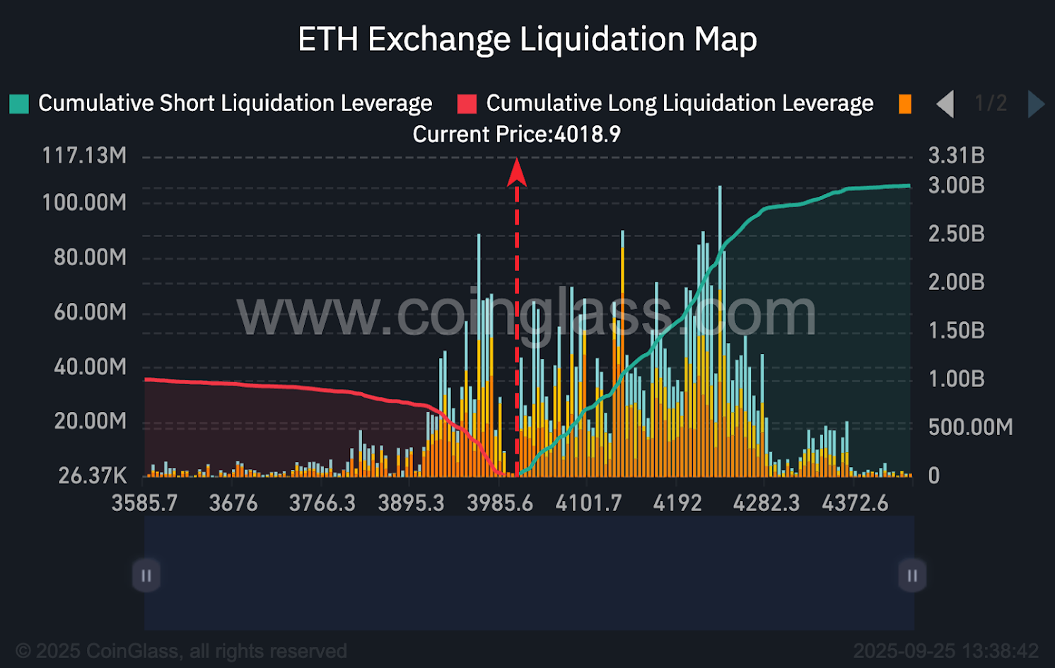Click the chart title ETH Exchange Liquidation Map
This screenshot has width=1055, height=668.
click(527, 40)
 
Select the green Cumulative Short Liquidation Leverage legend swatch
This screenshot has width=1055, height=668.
click(19, 104)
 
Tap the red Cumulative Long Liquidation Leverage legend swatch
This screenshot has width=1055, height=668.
click(467, 104)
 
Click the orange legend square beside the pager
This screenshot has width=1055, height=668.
click(904, 104)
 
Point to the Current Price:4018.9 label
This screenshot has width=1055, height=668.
click(516, 134)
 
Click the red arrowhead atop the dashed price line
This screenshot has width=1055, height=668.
click(517, 172)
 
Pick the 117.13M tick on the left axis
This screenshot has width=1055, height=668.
click(84, 156)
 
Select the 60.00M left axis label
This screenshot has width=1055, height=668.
click(90, 312)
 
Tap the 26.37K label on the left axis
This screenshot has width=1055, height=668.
click(92, 476)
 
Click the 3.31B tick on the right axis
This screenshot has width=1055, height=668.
click(956, 156)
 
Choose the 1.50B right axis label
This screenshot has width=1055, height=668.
click(956, 331)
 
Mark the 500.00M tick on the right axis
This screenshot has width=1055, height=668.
click(970, 427)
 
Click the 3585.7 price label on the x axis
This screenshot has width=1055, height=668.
click(144, 503)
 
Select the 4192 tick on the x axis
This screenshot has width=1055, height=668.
click(677, 503)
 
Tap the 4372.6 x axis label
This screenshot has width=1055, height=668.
click(855, 503)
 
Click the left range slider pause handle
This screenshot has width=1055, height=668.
click(146, 575)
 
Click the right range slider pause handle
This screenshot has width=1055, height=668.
click(912, 575)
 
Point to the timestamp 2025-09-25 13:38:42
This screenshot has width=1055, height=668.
click(945, 651)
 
